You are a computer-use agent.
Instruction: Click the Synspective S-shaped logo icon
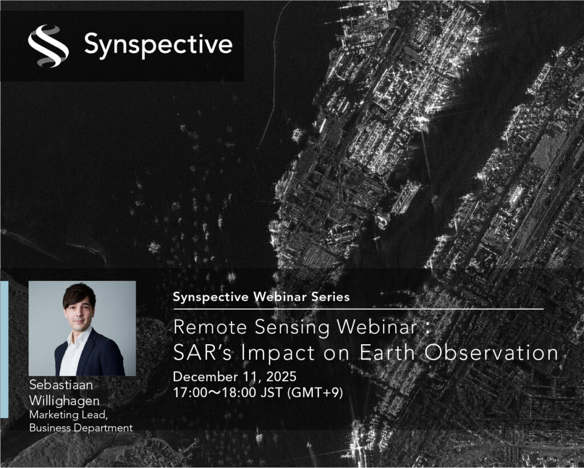coord(48,46)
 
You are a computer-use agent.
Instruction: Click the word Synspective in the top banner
coord(159,45)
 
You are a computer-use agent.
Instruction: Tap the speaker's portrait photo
coord(82,328)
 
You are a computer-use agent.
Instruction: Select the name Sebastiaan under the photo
coord(61,385)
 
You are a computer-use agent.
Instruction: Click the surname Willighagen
coord(64,401)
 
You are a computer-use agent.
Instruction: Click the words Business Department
coord(81,427)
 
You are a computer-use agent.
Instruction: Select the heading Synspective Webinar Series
coord(261,297)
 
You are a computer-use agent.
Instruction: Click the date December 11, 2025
coord(234,377)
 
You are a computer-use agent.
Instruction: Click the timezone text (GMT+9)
coord(315,393)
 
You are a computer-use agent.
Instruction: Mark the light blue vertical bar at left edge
coord(4,349)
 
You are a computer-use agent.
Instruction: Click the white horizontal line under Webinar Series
coord(358,309)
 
